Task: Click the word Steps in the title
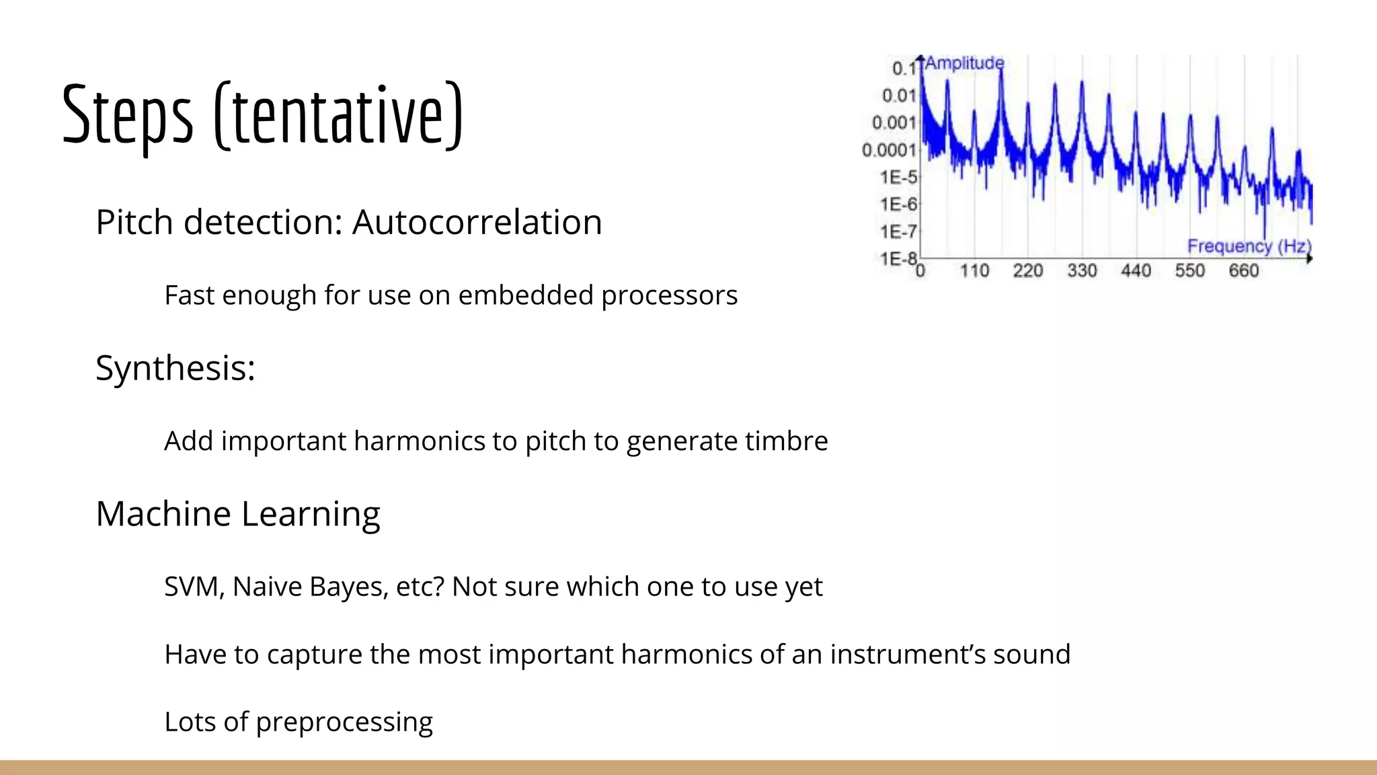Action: tap(128, 114)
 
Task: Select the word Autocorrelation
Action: tap(477, 222)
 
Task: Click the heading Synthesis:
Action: tap(175, 368)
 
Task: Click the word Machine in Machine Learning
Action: tap(163, 514)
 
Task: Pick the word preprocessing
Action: tap(344, 722)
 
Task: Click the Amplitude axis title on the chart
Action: tap(964, 63)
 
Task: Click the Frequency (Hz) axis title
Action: tap(1249, 246)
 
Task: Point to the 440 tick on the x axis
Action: tap(1136, 271)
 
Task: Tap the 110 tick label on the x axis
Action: tap(974, 271)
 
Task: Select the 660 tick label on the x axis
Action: tap(1243, 271)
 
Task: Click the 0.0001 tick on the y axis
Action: tap(889, 150)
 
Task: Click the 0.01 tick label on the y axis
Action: tap(899, 96)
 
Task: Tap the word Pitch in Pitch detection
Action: tap(134, 222)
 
